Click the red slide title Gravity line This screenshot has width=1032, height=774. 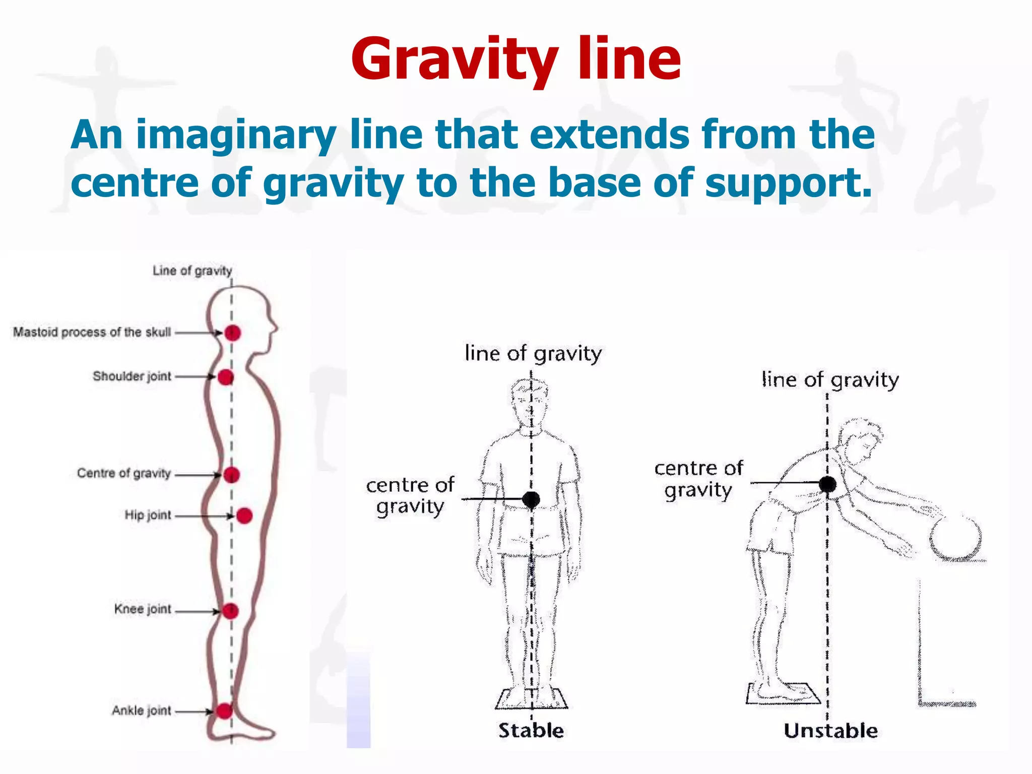point(516,59)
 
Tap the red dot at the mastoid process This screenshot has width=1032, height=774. point(232,333)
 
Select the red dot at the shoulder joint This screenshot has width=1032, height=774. point(226,376)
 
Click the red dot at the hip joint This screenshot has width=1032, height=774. point(244,515)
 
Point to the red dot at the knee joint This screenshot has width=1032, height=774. point(230,611)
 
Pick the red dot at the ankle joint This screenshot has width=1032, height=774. point(224,711)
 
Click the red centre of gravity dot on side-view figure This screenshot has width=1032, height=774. point(231,474)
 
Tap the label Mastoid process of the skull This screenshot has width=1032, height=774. point(92,332)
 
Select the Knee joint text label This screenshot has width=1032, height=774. point(143,609)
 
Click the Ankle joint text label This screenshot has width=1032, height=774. point(142,711)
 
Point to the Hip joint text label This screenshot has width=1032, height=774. point(148,515)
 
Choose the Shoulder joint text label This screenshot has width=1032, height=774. point(132,376)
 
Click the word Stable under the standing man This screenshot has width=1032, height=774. point(531,730)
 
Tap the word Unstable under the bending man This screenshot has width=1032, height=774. point(830,730)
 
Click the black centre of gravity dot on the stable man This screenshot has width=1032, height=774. point(531,499)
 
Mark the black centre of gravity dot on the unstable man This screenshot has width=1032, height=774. point(827,484)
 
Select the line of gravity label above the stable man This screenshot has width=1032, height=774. point(533,354)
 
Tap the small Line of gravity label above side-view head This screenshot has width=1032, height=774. point(192,271)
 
